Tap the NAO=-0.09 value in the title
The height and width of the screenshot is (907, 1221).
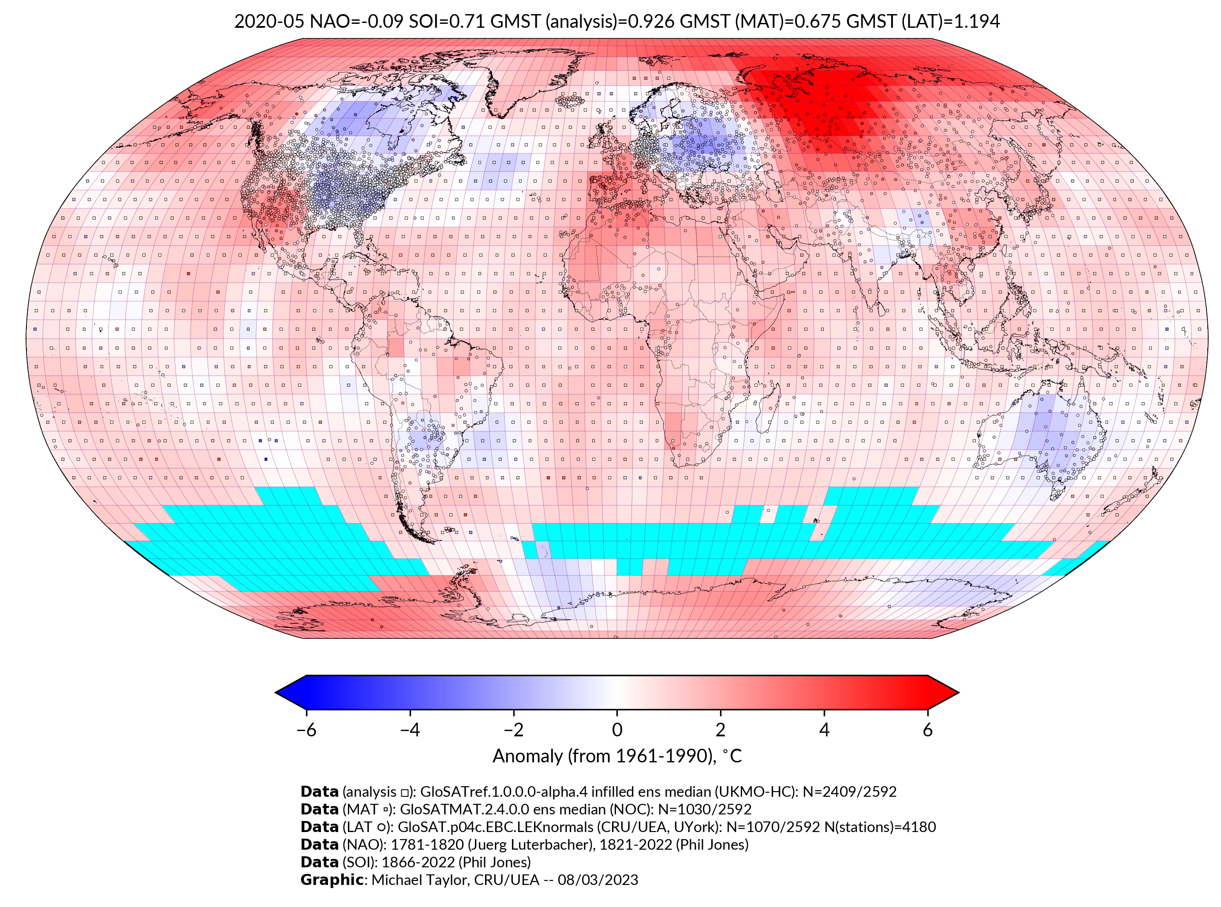click(x=356, y=22)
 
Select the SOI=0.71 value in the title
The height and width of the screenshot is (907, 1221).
click(x=446, y=22)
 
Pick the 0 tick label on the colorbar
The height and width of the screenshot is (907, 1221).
click(x=617, y=730)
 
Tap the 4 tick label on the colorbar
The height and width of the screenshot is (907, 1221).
click(x=824, y=730)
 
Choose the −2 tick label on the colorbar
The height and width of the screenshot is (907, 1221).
click(x=513, y=730)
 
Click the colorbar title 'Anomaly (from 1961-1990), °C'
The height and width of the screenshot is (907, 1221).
click(x=617, y=756)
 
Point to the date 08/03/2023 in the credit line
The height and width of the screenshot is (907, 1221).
click(x=598, y=880)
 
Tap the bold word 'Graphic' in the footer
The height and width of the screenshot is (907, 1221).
click(x=332, y=880)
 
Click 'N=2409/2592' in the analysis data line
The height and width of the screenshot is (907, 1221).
click(x=849, y=792)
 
